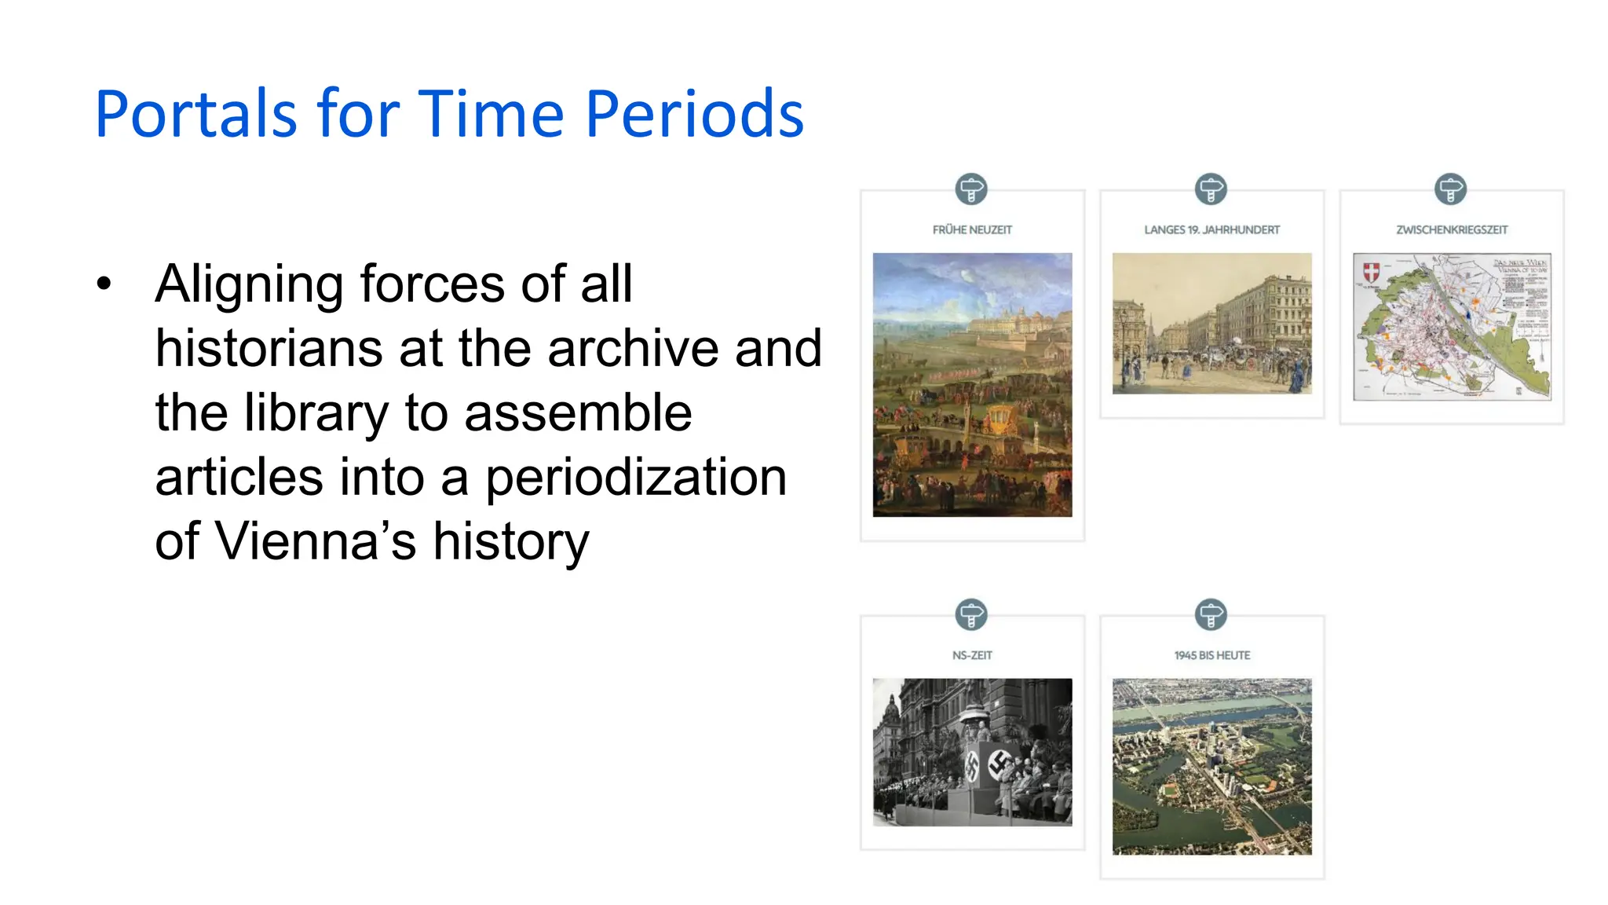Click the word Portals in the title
(x=196, y=114)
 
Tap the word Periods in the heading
(x=694, y=114)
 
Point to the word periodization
(x=635, y=477)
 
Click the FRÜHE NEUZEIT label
(x=972, y=230)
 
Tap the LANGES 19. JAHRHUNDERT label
(x=1211, y=230)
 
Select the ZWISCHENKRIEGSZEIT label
(x=1452, y=230)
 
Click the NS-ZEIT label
(x=972, y=655)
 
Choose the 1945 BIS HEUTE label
(x=1211, y=655)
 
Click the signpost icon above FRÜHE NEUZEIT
(x=971, y=189)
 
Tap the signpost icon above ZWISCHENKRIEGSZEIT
(x=1450, y=189)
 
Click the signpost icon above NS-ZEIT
(x=971, y=614)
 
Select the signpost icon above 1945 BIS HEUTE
(x=1211, y=614)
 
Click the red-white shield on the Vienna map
(x=1371, y=273)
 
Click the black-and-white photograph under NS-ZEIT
(x=972, y=752)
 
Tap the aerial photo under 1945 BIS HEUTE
(x=1211, y=766)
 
